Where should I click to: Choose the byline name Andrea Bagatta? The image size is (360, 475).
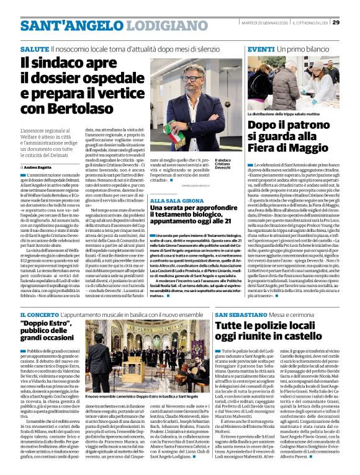(x=40, y=167)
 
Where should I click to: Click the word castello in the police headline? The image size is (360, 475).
(x=319, y=338)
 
